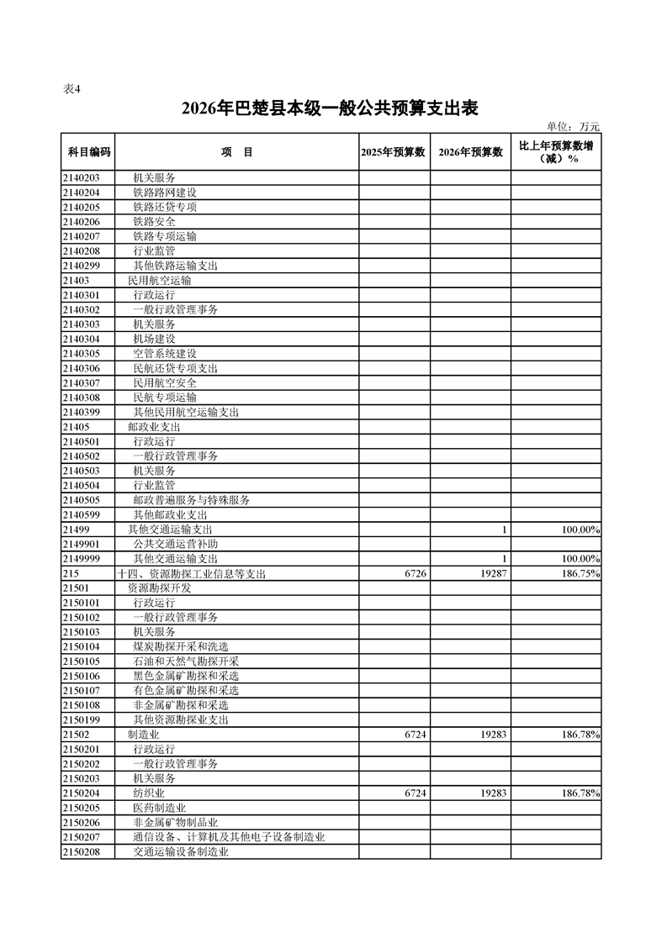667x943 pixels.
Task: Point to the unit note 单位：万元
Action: coord(574,127)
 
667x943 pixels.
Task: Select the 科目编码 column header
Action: coord(88,152)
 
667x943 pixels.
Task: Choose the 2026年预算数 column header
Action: coord(471,152)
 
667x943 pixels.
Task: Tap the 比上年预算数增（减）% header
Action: coord(556,152)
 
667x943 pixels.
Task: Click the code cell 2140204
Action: coord(82,192)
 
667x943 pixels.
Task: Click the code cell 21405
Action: coord(77,427)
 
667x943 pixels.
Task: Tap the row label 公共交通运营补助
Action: coord(175,544)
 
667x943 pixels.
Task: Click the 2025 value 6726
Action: coord(415,573)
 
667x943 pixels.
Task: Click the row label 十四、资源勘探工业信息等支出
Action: coord(191,573)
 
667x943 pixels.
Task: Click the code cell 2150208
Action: coord(82,851)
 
